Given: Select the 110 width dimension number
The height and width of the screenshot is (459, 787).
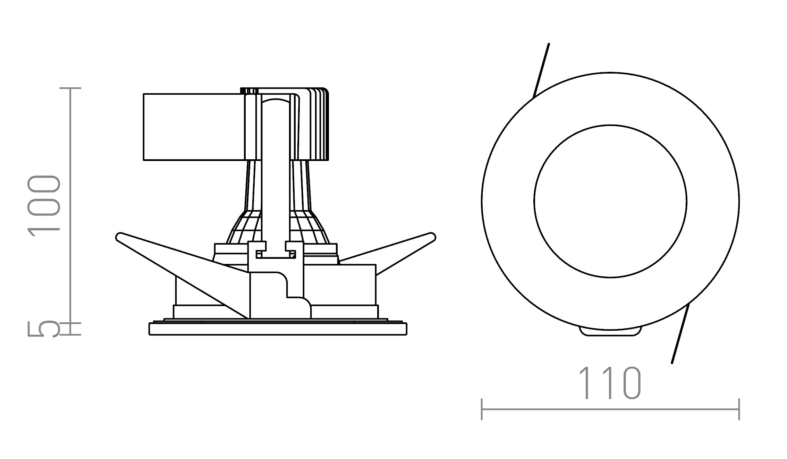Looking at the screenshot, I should [x=609, y=383].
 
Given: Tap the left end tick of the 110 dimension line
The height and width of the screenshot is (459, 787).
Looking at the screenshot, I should [x=482, y=409].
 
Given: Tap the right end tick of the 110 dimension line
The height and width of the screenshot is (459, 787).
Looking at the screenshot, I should [x=739, y=409].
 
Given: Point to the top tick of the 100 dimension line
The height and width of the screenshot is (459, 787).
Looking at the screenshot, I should [x=70, y=88].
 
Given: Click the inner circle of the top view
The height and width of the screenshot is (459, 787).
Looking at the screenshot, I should [x=610, y=201].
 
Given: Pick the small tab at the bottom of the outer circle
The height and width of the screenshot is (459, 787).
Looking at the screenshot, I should [x=610, y=332].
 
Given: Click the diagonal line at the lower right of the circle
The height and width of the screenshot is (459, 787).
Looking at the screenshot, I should [x=680, y=335].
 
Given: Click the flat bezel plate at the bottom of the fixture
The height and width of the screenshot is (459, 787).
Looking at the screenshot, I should [x=278, y=329].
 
